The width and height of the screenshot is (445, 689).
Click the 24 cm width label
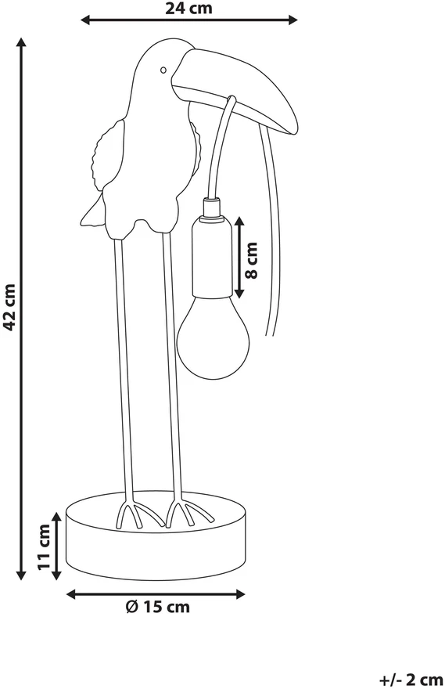(188, 8)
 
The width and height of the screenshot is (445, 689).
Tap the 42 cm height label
(9, 306)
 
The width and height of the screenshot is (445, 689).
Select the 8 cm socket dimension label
(252, 260)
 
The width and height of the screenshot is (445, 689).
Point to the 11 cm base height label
(45, 547)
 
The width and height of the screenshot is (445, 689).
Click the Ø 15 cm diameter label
(157, 607)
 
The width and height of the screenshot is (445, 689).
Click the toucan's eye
(163, 70)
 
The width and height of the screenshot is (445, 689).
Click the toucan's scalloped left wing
(106, 152)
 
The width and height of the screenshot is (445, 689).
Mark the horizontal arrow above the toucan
(189, 20)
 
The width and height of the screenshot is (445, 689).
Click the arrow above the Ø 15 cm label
(156, 594)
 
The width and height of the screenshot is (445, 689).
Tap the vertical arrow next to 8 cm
(239, 257)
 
